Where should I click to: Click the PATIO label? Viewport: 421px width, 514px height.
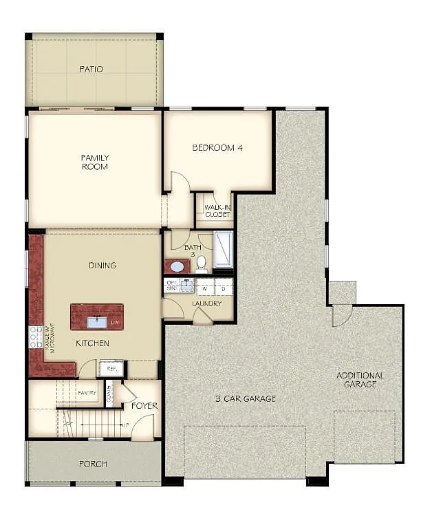pyautogui.click(x=91, y=69)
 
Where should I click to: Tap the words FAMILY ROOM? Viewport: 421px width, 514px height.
pyautogui.click(x=95, y=162)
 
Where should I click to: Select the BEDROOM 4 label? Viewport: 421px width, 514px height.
pyautogui.click(x=217, y=147)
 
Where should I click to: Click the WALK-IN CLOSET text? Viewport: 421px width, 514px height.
pyautogui.click(x=217, y=210)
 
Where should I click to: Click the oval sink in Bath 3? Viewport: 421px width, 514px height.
pyautogui.click(x=177, y=266)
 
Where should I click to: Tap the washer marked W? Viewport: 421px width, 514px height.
pyautogui.click(x=205, y=288)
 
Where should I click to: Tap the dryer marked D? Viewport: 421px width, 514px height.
pyautogui.click(x=223, y=288)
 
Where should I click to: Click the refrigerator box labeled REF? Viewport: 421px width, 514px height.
pyautogui.click(x=111, y=369)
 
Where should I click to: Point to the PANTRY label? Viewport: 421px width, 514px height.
pyautogui.click(x=87, y=393)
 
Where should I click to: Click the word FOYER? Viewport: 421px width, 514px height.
pyautogui.click(x=144, y=406)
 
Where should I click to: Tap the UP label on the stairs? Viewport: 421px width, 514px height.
pyautogui.click(x=125, y=425)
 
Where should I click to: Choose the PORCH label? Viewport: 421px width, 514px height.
pyautogui.click(x=92, y=464)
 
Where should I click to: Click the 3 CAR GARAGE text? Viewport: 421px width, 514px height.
pyautogui.click(x=245, y=398)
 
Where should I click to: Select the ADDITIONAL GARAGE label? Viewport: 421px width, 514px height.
pyautogui.click(x=360, y=380)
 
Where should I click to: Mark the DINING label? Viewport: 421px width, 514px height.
pyautogui.click(x=102, y=265)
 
